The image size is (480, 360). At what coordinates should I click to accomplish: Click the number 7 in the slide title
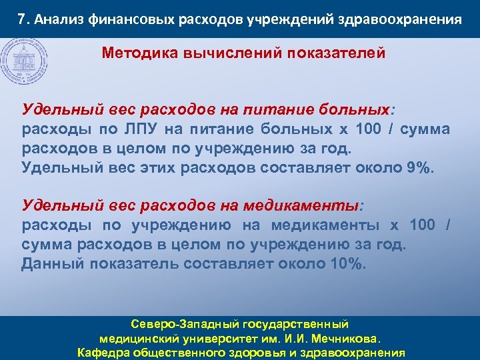(22, 19)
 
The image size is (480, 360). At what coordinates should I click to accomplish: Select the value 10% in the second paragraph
(349, 263)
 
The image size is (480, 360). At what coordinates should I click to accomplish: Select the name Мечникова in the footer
(348, 339)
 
